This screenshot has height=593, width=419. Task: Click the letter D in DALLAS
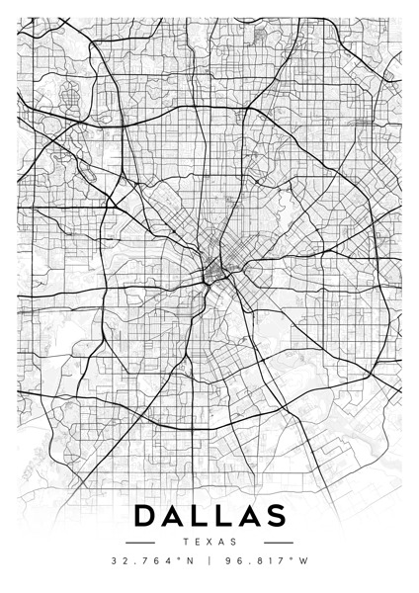(142, 516)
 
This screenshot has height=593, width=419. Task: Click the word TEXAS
(209, 543)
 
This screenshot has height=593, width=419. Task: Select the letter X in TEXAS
(209, 543)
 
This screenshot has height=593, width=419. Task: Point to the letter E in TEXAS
(197, 543)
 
